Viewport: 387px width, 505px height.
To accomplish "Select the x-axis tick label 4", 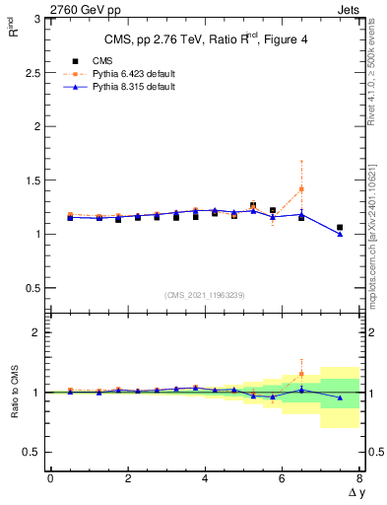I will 205,478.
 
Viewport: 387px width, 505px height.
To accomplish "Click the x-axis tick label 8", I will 359,478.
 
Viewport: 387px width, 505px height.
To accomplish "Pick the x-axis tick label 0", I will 50,478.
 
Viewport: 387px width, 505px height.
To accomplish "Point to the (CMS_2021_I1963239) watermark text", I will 205,295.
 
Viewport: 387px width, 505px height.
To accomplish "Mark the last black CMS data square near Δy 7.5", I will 340,228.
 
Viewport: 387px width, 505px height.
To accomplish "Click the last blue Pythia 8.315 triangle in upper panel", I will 340,234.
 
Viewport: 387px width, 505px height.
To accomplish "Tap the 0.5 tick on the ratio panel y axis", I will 32,452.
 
